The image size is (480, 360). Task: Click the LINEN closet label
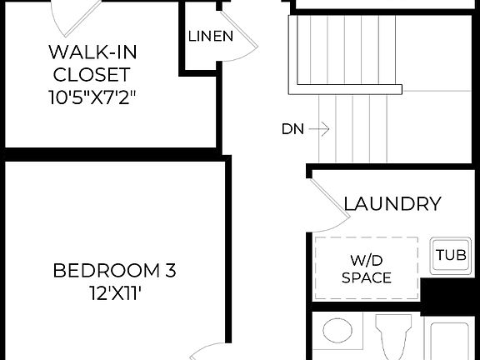pos(210,37)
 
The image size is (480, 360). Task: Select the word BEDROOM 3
pos(114,271)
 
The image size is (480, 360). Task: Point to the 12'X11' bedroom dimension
pos(114,293)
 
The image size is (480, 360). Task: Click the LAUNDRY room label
pos(392,204)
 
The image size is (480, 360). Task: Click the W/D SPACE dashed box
pos(367,267)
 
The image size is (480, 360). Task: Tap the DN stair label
pos(292,129)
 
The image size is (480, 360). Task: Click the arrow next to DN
pos(322,129)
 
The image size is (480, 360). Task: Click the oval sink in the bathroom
pos(338,331)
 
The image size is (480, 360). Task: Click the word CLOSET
pos(92,73)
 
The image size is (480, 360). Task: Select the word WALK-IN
pos(92,52)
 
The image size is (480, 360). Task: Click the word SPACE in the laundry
pos(367,278)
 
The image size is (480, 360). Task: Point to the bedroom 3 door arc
pos(208,350)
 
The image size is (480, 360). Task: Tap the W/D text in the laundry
pos(367,259)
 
